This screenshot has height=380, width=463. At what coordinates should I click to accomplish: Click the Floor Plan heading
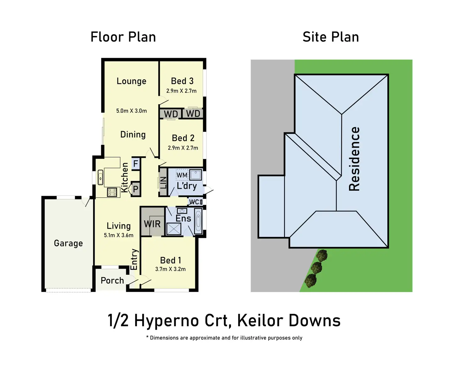(123, 37)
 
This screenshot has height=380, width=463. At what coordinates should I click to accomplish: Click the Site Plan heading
(331, 37)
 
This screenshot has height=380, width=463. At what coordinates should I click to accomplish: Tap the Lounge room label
(131, 81)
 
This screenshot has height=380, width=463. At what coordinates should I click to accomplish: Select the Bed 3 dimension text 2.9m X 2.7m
(181, 91)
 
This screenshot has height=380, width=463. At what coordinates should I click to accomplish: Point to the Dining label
(133, 135)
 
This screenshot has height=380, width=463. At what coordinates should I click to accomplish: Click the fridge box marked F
(136, 163)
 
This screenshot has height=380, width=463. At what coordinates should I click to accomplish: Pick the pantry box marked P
(136, 189)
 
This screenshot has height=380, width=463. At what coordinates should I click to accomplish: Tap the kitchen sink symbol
(100, 177)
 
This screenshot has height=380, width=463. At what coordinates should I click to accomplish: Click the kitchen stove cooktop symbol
(112, 192)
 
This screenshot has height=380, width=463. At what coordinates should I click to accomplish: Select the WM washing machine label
(182, 175)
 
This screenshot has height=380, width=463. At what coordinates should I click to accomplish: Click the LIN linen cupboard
(163, 182)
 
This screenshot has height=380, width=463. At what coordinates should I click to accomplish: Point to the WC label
(194, 202)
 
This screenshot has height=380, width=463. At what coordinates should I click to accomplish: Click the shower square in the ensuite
(174, 229)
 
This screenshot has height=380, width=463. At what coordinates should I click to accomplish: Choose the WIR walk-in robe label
(152, 224)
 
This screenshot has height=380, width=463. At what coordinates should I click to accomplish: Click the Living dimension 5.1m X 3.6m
(119, 235)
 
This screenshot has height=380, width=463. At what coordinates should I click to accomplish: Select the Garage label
(68, 243)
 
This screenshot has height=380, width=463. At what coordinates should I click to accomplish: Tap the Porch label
(112, 280)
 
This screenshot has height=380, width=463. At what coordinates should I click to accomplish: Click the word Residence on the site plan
(354, 159)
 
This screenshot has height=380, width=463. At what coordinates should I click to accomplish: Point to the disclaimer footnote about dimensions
(224, 338)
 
